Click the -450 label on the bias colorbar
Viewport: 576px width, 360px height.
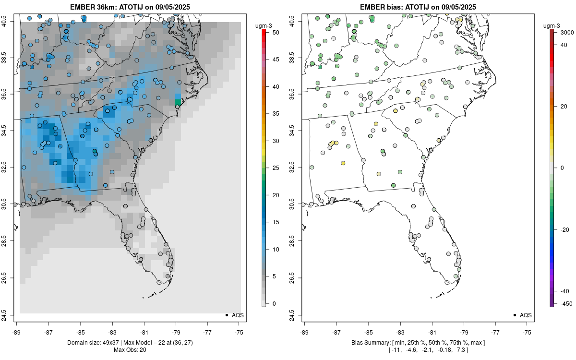[x=565, y=303]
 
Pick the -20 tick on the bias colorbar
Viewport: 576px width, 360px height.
[x=565, y=229]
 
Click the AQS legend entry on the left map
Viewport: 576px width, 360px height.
[x=234, y=315]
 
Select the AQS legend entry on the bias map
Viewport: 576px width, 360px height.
[x=522, y=315]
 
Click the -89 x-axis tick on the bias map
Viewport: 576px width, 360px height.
[x=305, y=332]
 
